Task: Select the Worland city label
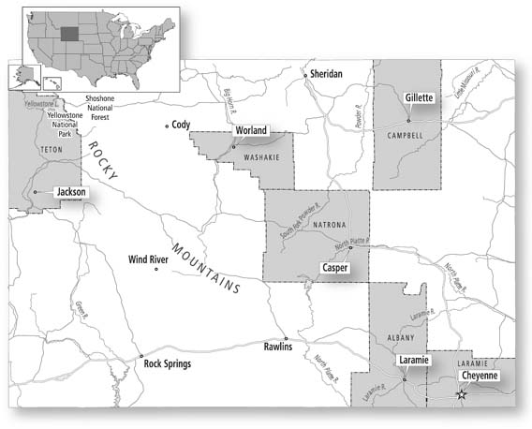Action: (251, 130)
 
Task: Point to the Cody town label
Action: (181, 124)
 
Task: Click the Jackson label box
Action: (70, 191)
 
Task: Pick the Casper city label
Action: (334, 267)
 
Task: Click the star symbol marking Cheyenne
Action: (461, 395)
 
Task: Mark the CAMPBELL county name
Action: (406, 136)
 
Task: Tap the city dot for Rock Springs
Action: (140, 356)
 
